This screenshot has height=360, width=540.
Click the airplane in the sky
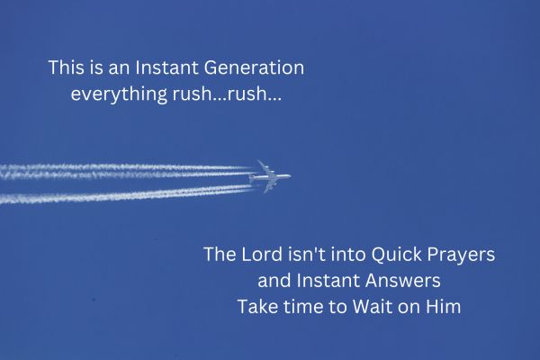[x=271, y=176]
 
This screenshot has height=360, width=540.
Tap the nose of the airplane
[x=289, y=175]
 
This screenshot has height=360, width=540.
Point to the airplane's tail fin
[x=260, y=166]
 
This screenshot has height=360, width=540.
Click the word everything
[x=112, y=94]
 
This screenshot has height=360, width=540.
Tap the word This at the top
[x=66, y=67]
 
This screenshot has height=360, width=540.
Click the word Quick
[x=392, y=255]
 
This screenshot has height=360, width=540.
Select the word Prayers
[x=459, y=256]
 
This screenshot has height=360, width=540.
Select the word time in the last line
[x=306, y=306]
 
